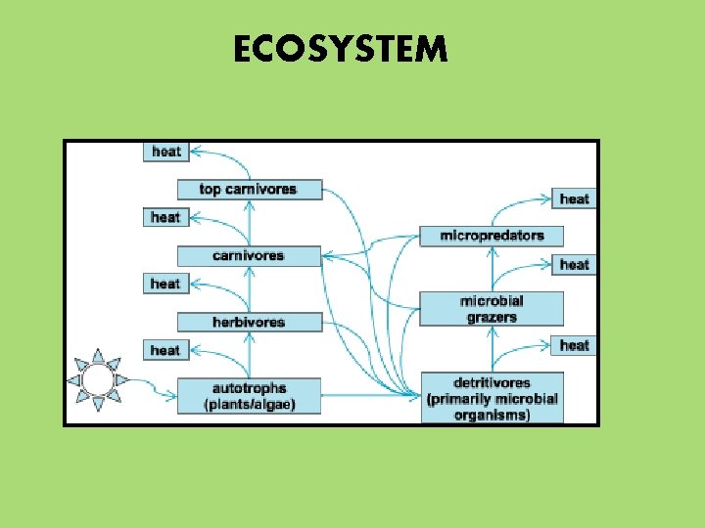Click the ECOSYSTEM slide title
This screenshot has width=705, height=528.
tap(340, 48)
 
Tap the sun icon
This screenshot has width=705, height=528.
tap(97, 378)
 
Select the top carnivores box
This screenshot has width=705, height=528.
tap(249, 189)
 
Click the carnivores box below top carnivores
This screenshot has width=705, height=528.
tap(249, 255)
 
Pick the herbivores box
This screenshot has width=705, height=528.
tap(249, 322)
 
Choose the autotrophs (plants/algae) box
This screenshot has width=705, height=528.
tap(249, 395)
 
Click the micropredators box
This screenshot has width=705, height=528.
tap(492, 236)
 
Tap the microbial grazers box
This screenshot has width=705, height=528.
tap(492, 309)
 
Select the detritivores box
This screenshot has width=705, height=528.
tap(492, 398)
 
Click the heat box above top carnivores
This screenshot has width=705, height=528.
tap(166, 152)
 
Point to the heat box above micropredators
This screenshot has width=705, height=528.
tap(575, 198)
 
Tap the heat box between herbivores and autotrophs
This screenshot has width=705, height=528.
tap(165, 350)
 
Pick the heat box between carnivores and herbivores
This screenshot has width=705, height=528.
tap(165, 284)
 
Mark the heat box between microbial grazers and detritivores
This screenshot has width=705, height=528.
tap(575, 345)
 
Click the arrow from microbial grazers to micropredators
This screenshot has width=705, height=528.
tap(492, 269)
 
